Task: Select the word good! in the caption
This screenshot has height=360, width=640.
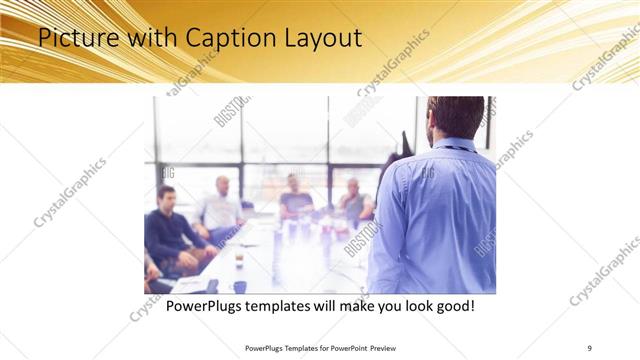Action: coord(453,305)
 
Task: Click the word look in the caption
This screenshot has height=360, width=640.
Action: coord(411,305)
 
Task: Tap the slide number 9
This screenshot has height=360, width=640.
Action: coord(589,348)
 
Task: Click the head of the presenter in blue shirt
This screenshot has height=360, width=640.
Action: coord(456,117)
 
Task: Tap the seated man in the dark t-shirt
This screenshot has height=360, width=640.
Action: coord(295,198)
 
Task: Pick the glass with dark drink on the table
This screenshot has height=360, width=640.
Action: coord(239,258)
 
